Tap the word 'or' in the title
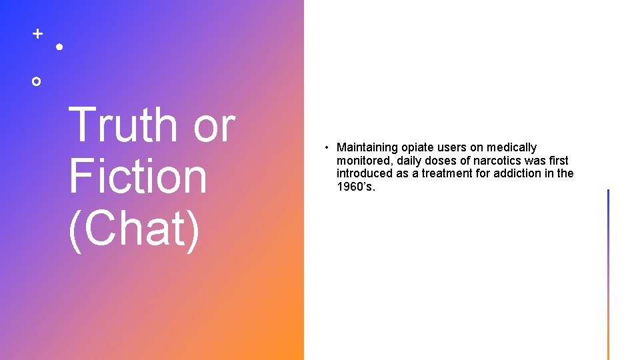coord(214,125)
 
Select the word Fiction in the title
coord(138,177)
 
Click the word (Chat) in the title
coord(134,229)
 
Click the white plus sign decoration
coord(38,33)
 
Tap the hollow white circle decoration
coord(37,81)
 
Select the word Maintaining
coord(366,147)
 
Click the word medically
coord(511,147)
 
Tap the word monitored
coord(361,161)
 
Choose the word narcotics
coord(498,161)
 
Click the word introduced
coord(365,174)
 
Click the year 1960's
coord(356,187)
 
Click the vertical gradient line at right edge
coord(608,274)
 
